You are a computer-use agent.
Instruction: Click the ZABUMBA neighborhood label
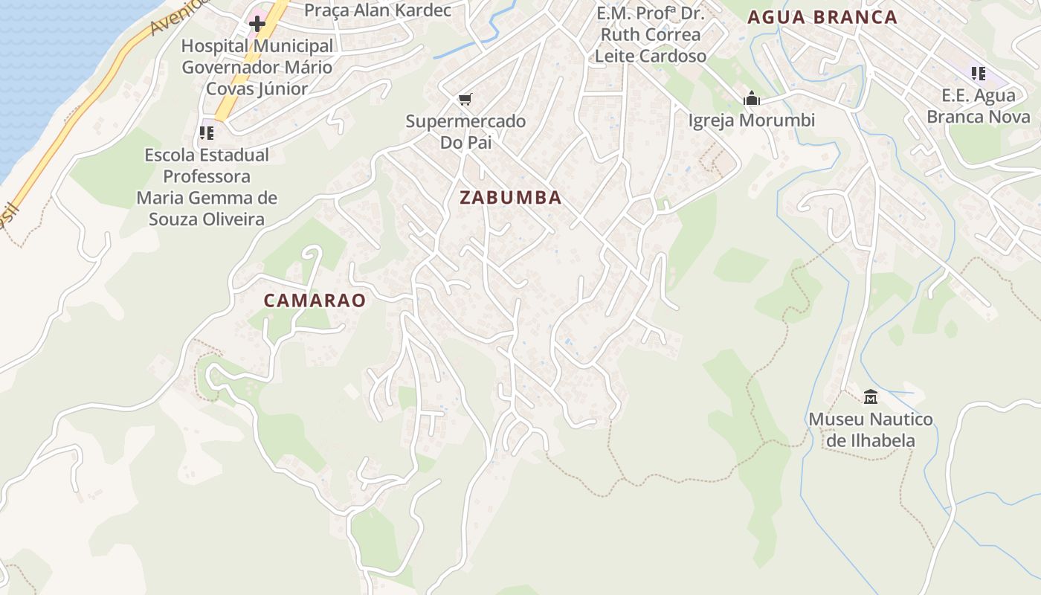click(510, 198)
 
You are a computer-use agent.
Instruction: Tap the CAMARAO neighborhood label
click(315, 300)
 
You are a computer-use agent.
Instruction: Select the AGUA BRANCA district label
click(822, 17)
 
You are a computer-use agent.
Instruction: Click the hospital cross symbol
click(257, 24)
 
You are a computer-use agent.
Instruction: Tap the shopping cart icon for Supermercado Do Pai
click(465, 99)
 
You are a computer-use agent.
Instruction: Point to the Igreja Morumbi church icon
click(752, 98)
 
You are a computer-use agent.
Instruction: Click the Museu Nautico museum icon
click(871, 396)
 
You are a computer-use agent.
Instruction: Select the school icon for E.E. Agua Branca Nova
click(979, 74)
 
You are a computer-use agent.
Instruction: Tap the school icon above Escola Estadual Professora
click(206, 133)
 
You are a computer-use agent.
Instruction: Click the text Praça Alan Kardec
click(378, 10)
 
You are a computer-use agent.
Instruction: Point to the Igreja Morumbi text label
click(752, 120)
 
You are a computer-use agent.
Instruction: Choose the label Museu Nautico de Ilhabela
click(871, 430)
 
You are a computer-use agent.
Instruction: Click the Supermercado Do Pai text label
click(465, 132)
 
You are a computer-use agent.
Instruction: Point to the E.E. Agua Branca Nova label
click(979, 106)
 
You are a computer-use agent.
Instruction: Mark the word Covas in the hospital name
click(226, 89)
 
